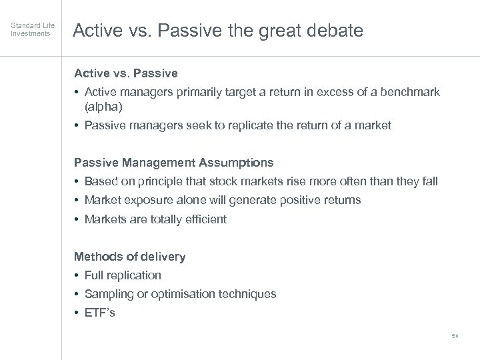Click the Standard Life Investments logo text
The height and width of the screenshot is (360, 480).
tap(30, 30)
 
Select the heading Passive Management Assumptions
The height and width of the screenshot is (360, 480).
tap(173, 163)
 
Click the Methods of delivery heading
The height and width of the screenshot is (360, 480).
tap(129, 257)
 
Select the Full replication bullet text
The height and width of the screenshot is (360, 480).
tap(123, 275)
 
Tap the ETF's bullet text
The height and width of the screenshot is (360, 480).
tap(100, 313)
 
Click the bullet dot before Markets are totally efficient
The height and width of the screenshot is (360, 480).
tap(77, 219)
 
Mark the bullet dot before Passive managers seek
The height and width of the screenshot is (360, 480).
tap(77, 125)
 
